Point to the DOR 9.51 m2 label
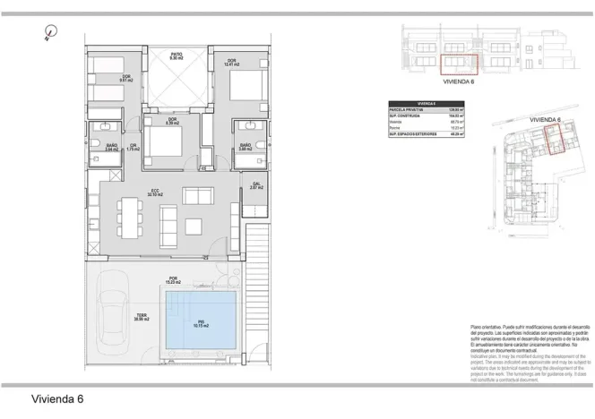[x=126, y=78]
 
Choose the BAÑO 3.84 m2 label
[x=111, y=148]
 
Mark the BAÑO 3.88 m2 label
[x=244, y=148]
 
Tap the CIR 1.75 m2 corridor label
[x=132, y=148]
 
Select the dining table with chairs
[x=131, y=217]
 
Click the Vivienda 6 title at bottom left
[x=57, y=398]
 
